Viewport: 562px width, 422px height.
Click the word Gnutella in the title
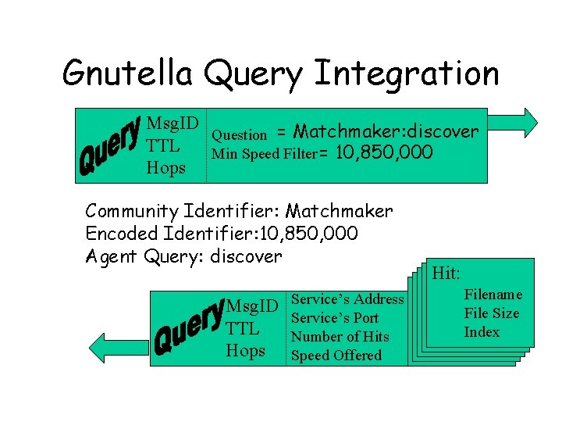[x=127, y=73]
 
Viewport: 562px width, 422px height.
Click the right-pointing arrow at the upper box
[x=525, y=123]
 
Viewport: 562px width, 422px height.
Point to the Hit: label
[x=446, y=274]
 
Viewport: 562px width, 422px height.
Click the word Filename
[x=493, y=295]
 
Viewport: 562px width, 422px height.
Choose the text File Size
[x=492, y=313]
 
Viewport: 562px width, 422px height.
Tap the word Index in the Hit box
[x=482, y=332]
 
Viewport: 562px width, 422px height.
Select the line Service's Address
[x=347, y=299]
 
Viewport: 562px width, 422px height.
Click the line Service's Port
[x=335, y=318]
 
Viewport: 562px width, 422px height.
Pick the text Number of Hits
[x=340, y=337]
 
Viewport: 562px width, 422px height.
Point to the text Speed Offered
[x=336, y=356]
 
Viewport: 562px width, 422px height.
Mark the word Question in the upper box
[x=240, y=134]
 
